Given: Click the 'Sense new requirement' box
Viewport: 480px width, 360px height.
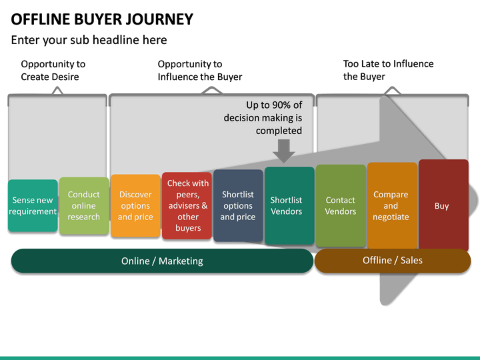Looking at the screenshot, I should (33, 206).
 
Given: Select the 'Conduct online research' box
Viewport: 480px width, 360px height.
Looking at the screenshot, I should (84, 206).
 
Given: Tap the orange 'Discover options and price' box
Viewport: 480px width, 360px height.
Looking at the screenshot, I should (135, 206).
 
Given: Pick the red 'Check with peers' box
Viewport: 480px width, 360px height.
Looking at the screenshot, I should (187, 206).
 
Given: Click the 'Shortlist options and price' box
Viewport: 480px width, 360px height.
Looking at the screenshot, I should (238, 206).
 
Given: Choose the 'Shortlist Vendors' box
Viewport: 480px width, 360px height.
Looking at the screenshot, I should (289, 206).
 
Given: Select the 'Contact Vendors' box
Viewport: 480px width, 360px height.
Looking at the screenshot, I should (341, 206).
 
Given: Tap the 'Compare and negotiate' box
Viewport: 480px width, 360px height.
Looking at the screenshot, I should (391, 206).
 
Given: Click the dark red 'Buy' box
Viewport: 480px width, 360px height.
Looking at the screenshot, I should (443, 206).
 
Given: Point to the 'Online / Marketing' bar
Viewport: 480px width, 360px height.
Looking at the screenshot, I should (162, 261).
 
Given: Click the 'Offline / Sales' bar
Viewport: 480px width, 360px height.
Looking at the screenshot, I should (393, 260).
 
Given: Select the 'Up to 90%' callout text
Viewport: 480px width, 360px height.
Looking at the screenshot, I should (263, 118).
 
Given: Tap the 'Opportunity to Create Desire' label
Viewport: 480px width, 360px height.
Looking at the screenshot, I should (53, 70).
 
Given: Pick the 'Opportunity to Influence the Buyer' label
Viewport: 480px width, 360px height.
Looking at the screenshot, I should (199, 70).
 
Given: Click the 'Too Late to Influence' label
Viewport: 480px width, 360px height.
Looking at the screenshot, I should (388, 70).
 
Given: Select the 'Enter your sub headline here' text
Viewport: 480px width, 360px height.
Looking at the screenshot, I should (89, 40).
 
